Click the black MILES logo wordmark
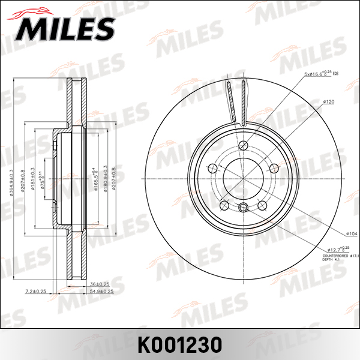(66, 26)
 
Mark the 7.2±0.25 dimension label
(36, 291)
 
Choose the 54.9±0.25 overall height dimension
(101, 291)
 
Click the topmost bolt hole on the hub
(243, 146)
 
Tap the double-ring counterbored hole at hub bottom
(243, 208)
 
